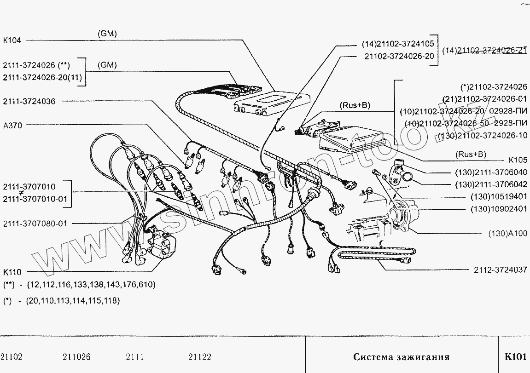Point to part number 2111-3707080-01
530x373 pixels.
click(x=35, y=224)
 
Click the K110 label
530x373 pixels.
click(x=12, y=272)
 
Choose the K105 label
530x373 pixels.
click(x=518, y=161)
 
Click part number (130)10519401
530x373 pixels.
click(x=499, y=196)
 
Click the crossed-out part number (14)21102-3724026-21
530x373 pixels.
click(x=484, y=51)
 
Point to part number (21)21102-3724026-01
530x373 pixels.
click(x=484, y=99)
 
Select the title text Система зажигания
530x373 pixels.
click(x=401, y=357)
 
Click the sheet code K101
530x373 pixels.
click(x=515, y=357)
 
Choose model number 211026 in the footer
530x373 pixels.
click(x=76, y=357)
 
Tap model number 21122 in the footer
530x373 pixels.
click(x=200, y=357)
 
